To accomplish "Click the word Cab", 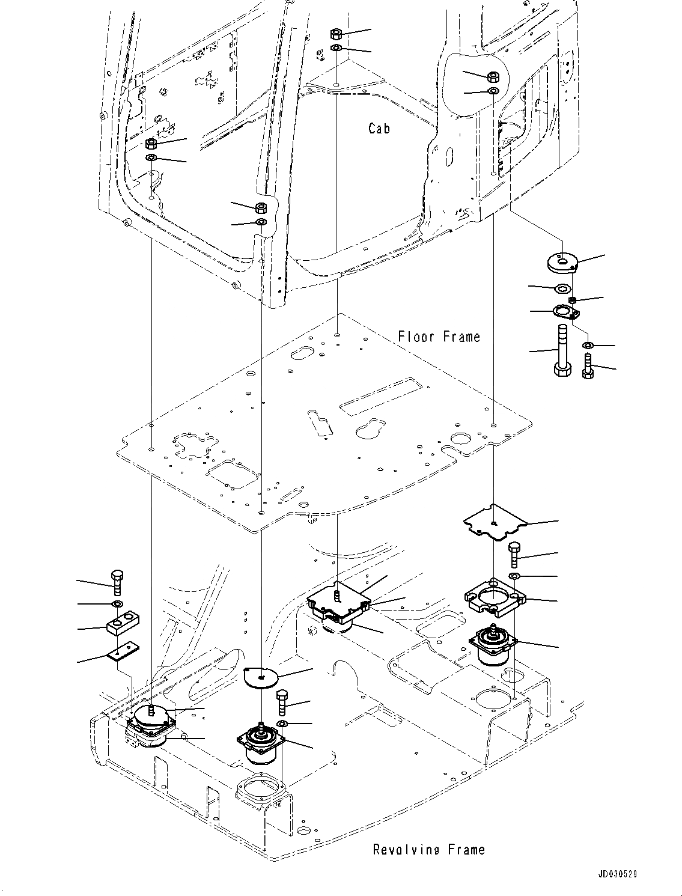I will (x=379, y=128).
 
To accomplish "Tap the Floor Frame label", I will (x=439, y=337).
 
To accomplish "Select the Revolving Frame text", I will (x=428, y=850).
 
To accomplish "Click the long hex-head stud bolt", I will (x=562, y=350).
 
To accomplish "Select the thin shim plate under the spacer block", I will (x=124, y=651).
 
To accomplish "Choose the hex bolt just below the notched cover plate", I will (x=514, y=553).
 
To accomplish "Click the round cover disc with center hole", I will (x=261, y=677).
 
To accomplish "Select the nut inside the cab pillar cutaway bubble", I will (x=493, y=76).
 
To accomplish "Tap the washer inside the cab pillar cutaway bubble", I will (x=493, y=91).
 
